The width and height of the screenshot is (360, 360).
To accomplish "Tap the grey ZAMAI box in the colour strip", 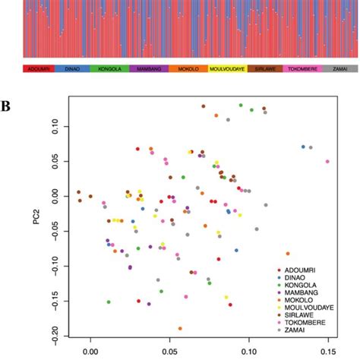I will (336, 69).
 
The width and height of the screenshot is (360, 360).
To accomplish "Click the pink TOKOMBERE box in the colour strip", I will (299, 69).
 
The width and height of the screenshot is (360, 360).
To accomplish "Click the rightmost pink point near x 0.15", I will (327, 162).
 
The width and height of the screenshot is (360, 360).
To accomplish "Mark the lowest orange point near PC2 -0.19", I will (180, 329).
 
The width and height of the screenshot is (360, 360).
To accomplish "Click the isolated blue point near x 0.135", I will (303, 147).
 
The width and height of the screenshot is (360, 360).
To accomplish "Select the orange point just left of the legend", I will (288, 254).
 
